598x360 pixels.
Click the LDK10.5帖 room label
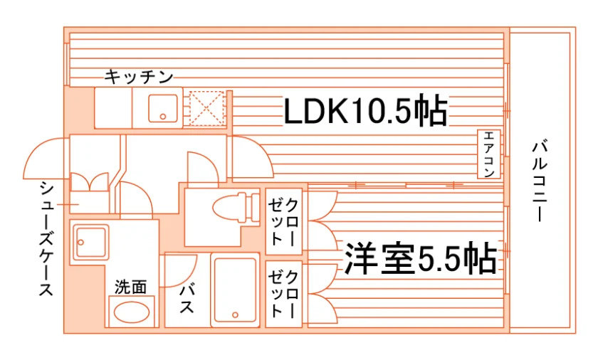(x=365, y=110)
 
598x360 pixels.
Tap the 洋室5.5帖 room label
(x=421, y=258)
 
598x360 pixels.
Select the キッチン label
(x=139, y=77)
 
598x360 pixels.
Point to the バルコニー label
(x=540, y=181)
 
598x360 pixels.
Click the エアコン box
(x=488, y=154)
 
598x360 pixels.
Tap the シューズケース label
(x=46, y=239)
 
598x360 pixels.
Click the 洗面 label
(x=131, y=287)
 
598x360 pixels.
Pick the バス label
(x=187, y=299)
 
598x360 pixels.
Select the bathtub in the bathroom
(x=235, y=290)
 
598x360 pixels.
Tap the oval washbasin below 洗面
(x=132, y=312)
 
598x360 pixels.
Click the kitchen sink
(x=163, y=109)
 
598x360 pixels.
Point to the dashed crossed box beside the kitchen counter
(x=206, y=108)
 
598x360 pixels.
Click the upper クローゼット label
(x=283, y=221)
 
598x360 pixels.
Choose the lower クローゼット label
(x=283, y=294)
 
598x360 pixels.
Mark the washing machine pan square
(x=91, y=243)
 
